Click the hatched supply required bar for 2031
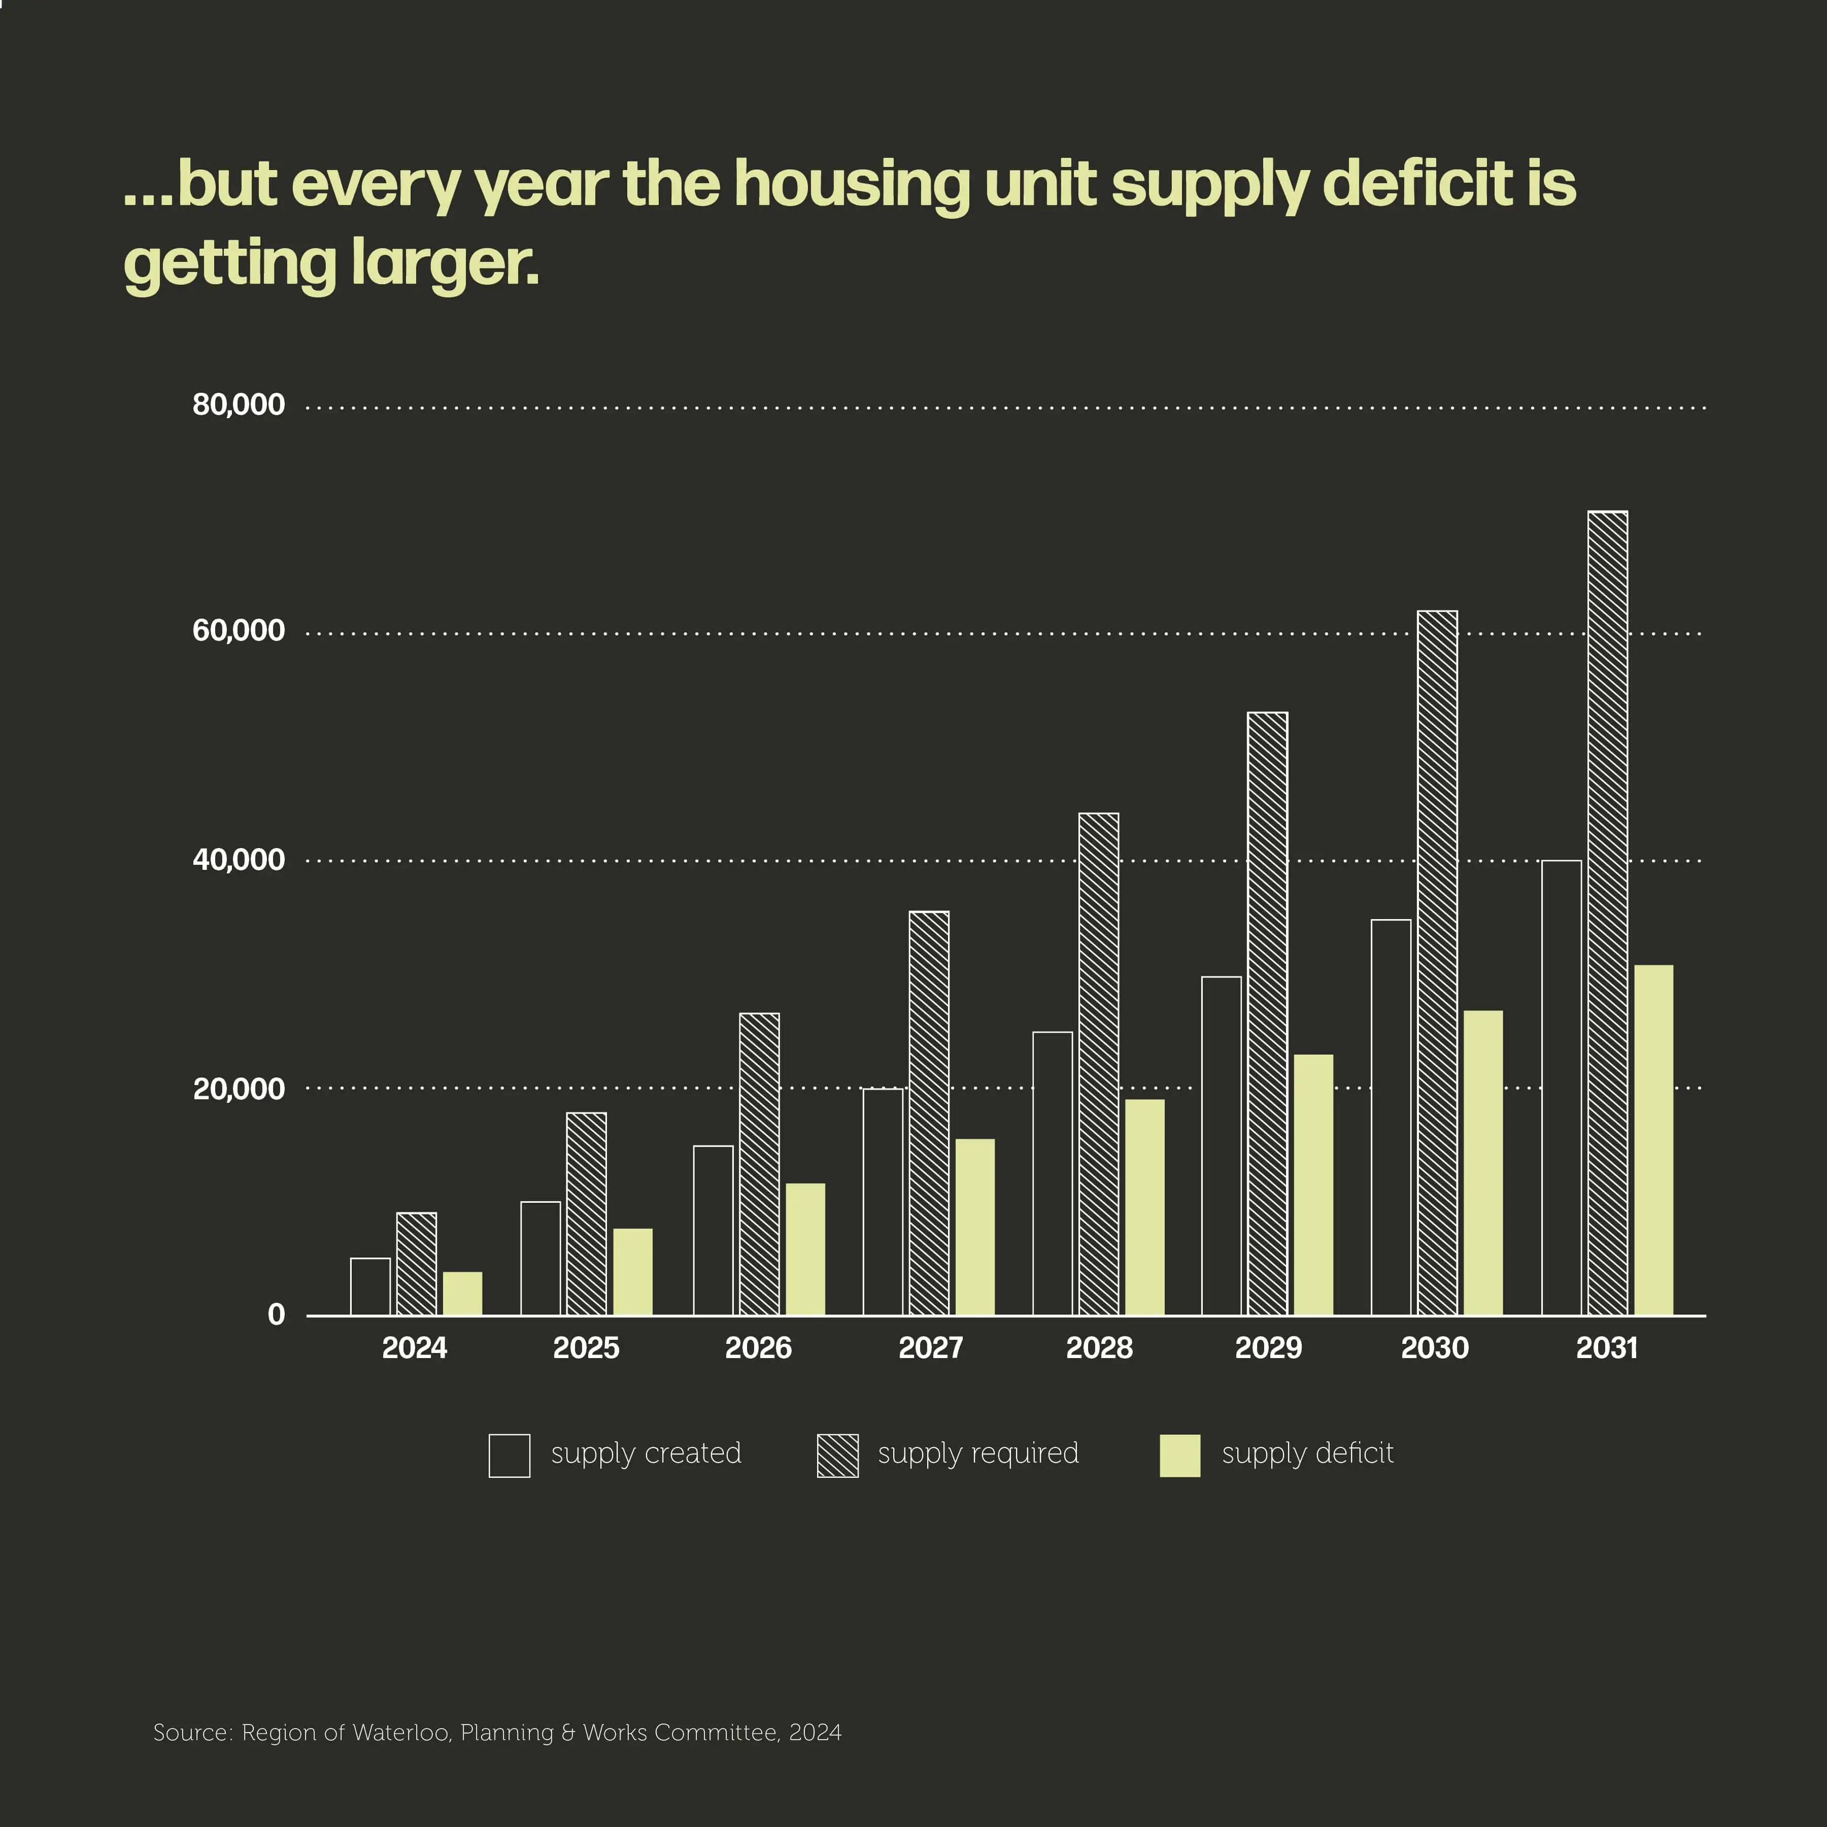1608,912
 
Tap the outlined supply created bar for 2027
883,1201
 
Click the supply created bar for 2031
1561,1088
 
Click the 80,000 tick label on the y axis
239,405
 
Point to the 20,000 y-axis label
239,1089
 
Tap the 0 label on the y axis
276,1314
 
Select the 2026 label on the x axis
758,1347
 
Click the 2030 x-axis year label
1435,1347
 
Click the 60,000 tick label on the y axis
239,631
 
